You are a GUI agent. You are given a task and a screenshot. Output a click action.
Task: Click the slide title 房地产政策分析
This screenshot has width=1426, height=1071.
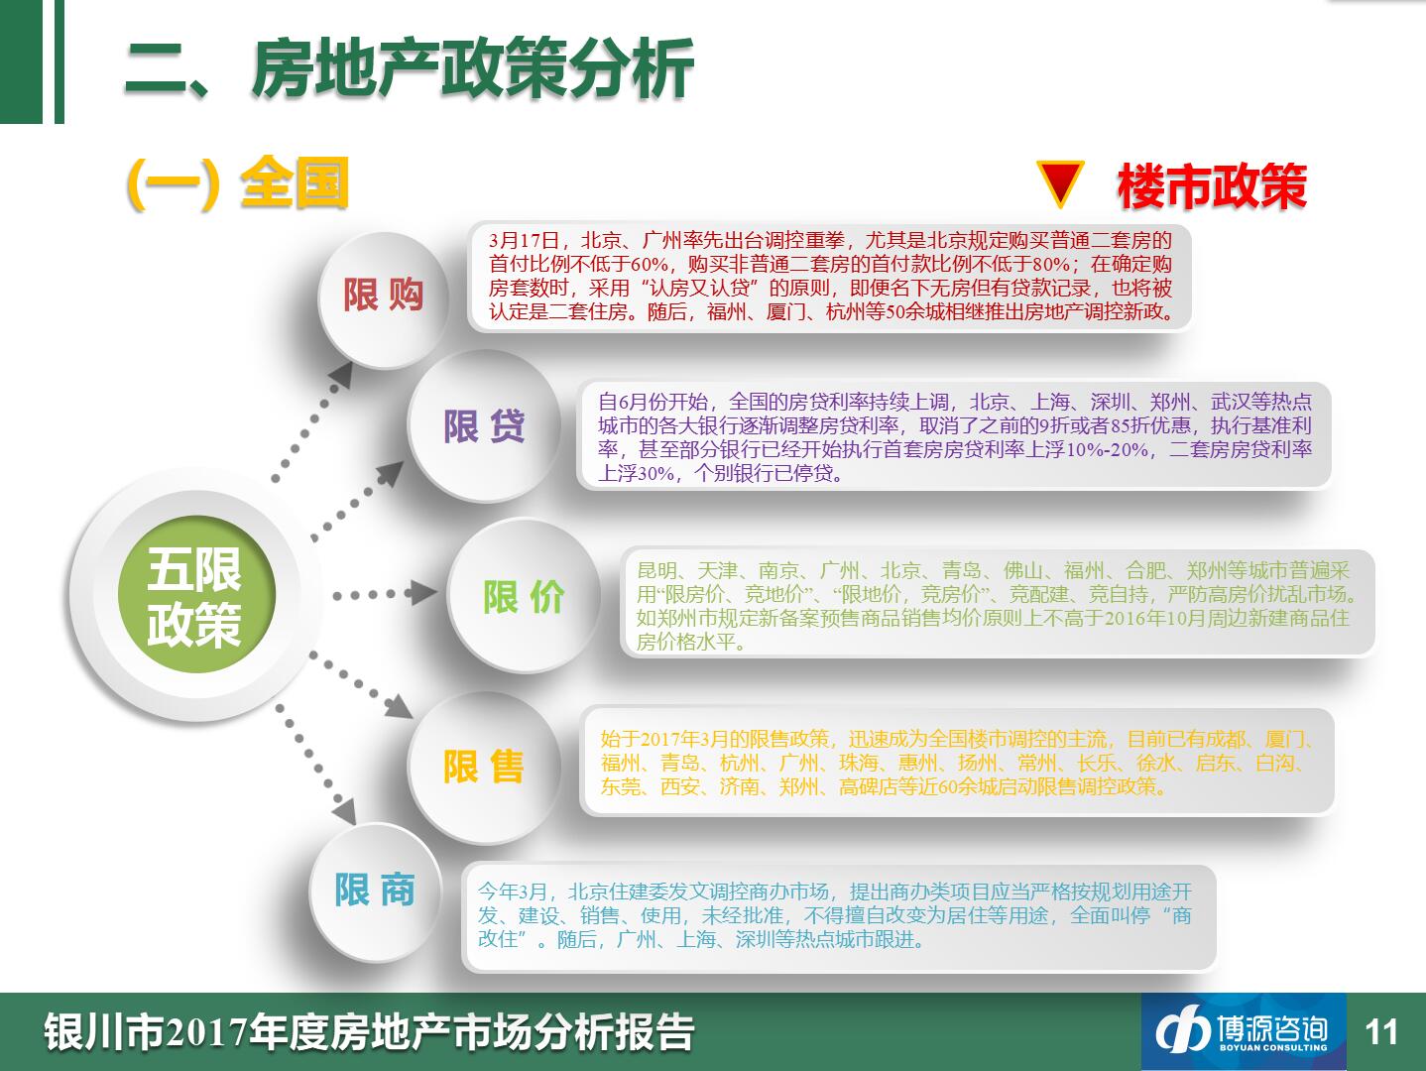(473, 68)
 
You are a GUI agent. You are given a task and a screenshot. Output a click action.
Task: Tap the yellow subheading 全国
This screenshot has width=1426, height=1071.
(295, 182)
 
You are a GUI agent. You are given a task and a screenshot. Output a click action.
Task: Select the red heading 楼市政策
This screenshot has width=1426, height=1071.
(1212, 186)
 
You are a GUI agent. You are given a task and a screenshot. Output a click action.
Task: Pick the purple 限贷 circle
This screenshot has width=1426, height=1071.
(484, 425)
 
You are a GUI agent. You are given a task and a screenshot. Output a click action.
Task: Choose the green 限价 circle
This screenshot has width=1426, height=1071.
(524, 596)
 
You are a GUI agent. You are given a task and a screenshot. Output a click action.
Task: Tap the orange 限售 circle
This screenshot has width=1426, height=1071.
(484, 767)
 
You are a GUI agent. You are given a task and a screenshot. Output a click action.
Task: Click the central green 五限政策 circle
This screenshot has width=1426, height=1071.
(196, 594)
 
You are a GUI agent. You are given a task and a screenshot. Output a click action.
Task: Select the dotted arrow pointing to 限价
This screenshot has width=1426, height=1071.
(385, 594)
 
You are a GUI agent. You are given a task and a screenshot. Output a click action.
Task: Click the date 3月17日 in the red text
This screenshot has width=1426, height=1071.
(525, 241)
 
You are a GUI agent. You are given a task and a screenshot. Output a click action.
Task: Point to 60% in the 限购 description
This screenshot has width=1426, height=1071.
(650, 265)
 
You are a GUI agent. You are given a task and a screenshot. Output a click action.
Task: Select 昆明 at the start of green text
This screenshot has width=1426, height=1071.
(657, 571)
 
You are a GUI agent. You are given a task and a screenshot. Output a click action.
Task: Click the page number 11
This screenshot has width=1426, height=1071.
(1381, 1032)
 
